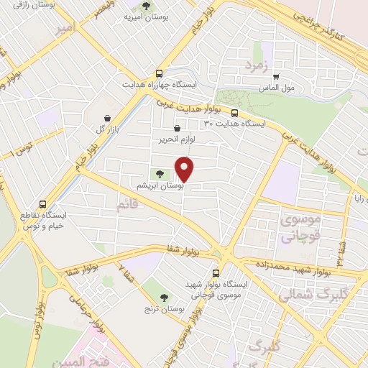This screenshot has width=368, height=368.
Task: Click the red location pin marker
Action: click(185, 169)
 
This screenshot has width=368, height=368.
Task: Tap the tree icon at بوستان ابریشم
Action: click(160, 173)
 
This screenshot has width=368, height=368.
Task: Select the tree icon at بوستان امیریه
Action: click(146, 7)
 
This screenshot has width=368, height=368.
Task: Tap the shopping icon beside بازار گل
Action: click(107, 119)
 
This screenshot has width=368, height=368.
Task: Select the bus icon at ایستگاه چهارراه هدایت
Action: click(158, 73)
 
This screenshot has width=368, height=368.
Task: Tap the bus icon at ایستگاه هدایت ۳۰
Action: click(234, 112)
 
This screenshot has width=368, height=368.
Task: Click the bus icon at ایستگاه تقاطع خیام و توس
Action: click(43, 204)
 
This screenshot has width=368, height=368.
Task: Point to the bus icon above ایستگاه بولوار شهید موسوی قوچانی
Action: click(216, 273)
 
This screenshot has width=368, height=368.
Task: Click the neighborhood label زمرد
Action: click(256, 66)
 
